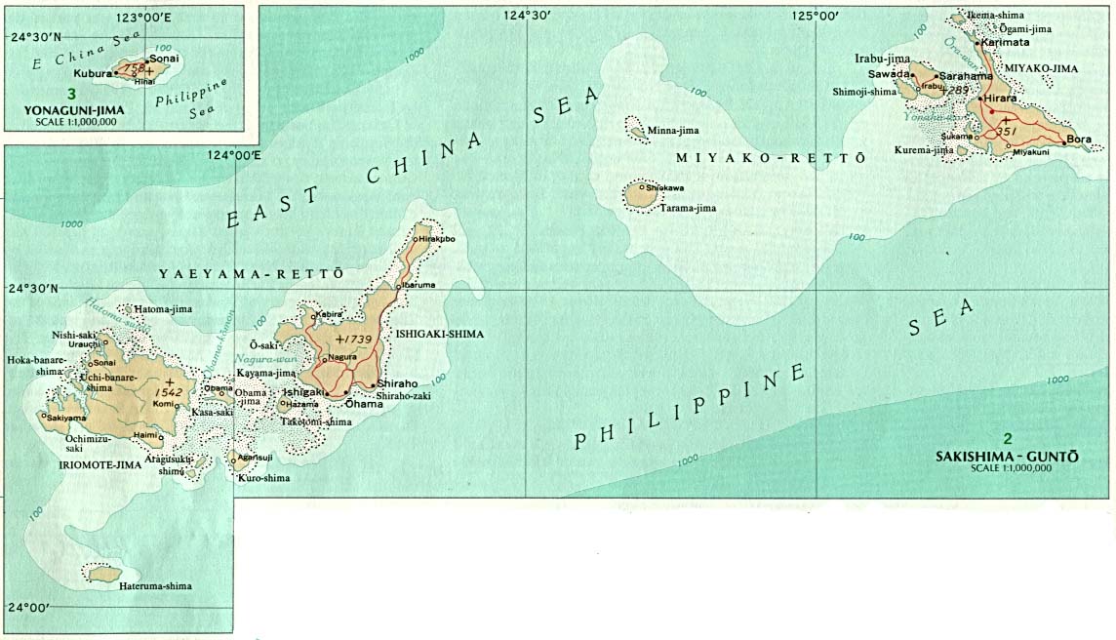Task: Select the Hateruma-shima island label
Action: click(x=157, y=586)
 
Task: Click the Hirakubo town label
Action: click(x=437, y=239)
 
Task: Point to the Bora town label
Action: click(x=1079, y=140)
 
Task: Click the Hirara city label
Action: click(x=1001, y=100)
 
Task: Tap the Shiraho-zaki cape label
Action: click(x=403, y=395)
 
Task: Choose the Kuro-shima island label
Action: click(x=263, y=478)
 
